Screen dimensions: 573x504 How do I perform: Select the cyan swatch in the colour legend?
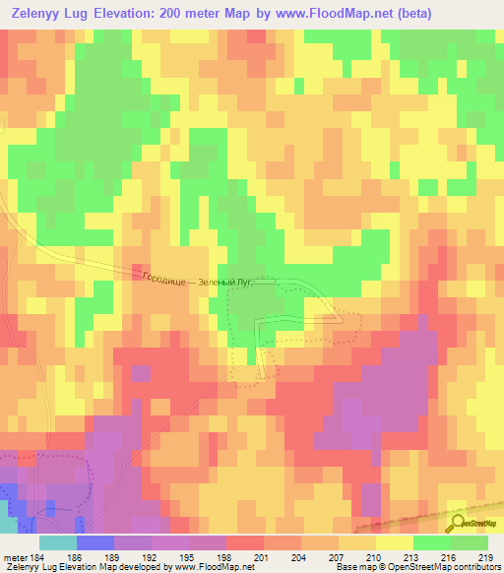coord(57,542)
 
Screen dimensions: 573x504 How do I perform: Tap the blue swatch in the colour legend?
coord(94,542)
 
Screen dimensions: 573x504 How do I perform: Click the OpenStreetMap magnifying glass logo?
coord(458,522)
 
